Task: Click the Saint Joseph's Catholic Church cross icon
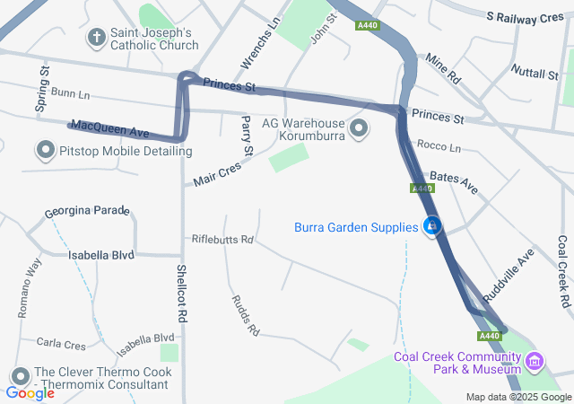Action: point(97,38)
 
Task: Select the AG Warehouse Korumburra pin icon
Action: point(359,129)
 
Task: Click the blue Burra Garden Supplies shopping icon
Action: point(432,226)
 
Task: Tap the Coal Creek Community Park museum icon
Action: point(535,362)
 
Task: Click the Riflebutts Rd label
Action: point(223,240)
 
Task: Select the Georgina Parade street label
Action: point(88,211)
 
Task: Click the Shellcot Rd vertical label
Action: point(181,294)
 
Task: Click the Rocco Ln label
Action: point(439,146)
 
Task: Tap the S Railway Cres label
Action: point(524,17)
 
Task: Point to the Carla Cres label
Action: point(61,344)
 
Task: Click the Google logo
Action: point(30,393)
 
